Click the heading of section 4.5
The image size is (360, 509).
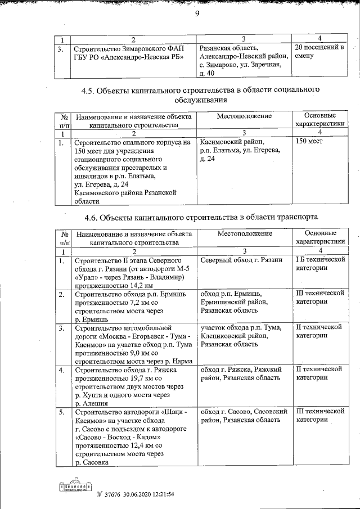204,94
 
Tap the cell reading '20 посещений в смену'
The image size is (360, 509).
319,52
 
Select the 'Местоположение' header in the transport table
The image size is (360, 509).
244,233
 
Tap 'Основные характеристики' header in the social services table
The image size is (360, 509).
319,119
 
